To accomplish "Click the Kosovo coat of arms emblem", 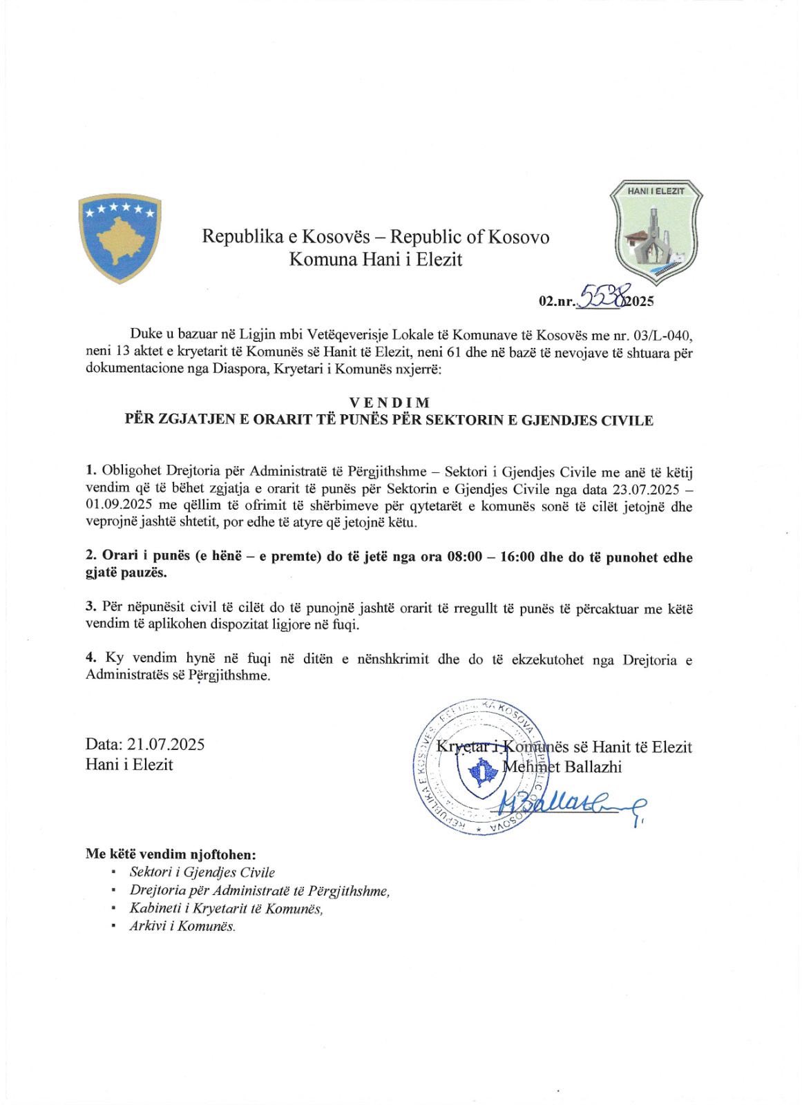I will point(120,238).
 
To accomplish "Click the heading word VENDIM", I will point(390,403).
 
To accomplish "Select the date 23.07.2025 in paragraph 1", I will point(645,490).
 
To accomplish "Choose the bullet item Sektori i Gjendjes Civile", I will point(202,872).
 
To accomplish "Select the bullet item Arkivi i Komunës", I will point(182,926).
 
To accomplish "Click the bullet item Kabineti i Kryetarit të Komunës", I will point(226,908).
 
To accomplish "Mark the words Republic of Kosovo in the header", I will point(470,237).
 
